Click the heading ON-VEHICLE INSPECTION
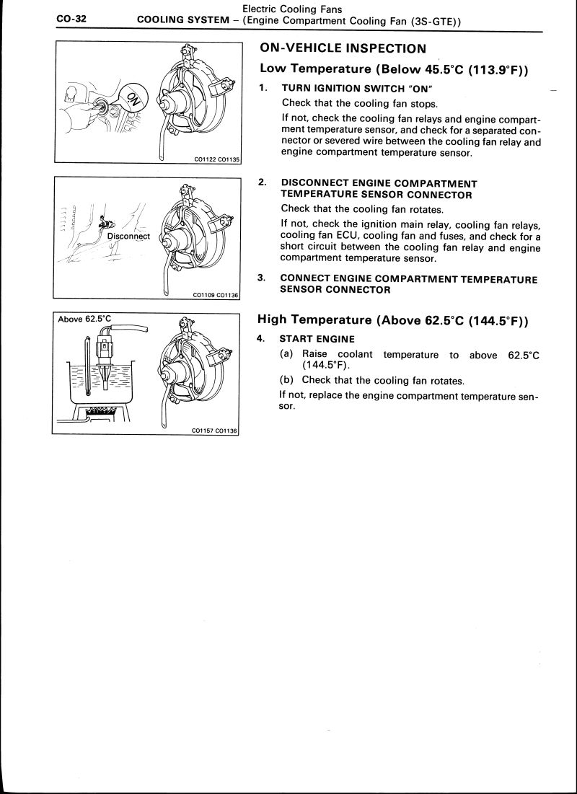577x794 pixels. tap(342, 48)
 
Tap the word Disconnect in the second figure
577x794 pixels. tap(128, 236)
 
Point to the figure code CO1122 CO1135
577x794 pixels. tap(216, 160)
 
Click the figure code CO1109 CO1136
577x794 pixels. tap(216, 294)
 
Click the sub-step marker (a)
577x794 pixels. tap(287, 354)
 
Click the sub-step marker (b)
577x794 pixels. tap(287, 380)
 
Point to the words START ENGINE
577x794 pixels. tap(317, 339)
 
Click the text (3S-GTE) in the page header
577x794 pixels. tap(430, 21)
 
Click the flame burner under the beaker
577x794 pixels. tap(101, 411)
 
